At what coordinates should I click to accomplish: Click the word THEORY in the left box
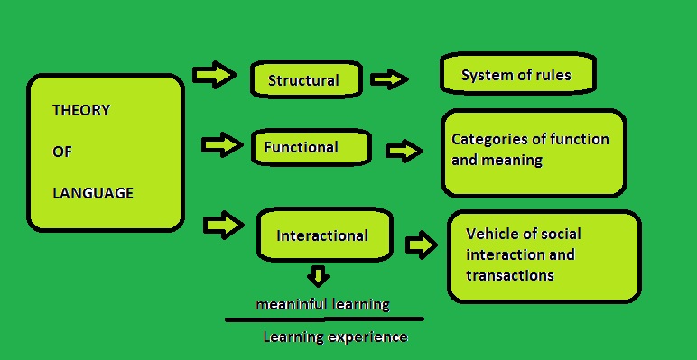click(81, 111)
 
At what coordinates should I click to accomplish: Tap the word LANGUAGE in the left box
click(93, 193)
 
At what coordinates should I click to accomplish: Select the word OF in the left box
click(61, 152)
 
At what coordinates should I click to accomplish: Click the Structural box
click(304, 79)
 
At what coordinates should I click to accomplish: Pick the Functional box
click(311, 147)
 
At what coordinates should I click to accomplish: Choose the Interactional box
click(323, 235)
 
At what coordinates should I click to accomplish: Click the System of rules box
click(516, 75)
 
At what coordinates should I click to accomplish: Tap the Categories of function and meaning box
click(532, 152)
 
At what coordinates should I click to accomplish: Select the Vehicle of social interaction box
click(544, 256)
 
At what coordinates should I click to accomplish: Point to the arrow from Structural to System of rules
click(389, 79)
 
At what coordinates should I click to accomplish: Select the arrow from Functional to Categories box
click(404, 151)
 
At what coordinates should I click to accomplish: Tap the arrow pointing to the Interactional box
click(224, 224)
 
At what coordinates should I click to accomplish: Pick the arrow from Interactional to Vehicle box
click(421, 244)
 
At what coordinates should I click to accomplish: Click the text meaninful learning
click(322, 304)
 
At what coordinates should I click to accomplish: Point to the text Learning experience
click(335, 337)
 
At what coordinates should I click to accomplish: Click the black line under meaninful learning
click(324, 318)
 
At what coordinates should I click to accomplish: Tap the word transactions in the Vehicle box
click(510, 275)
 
